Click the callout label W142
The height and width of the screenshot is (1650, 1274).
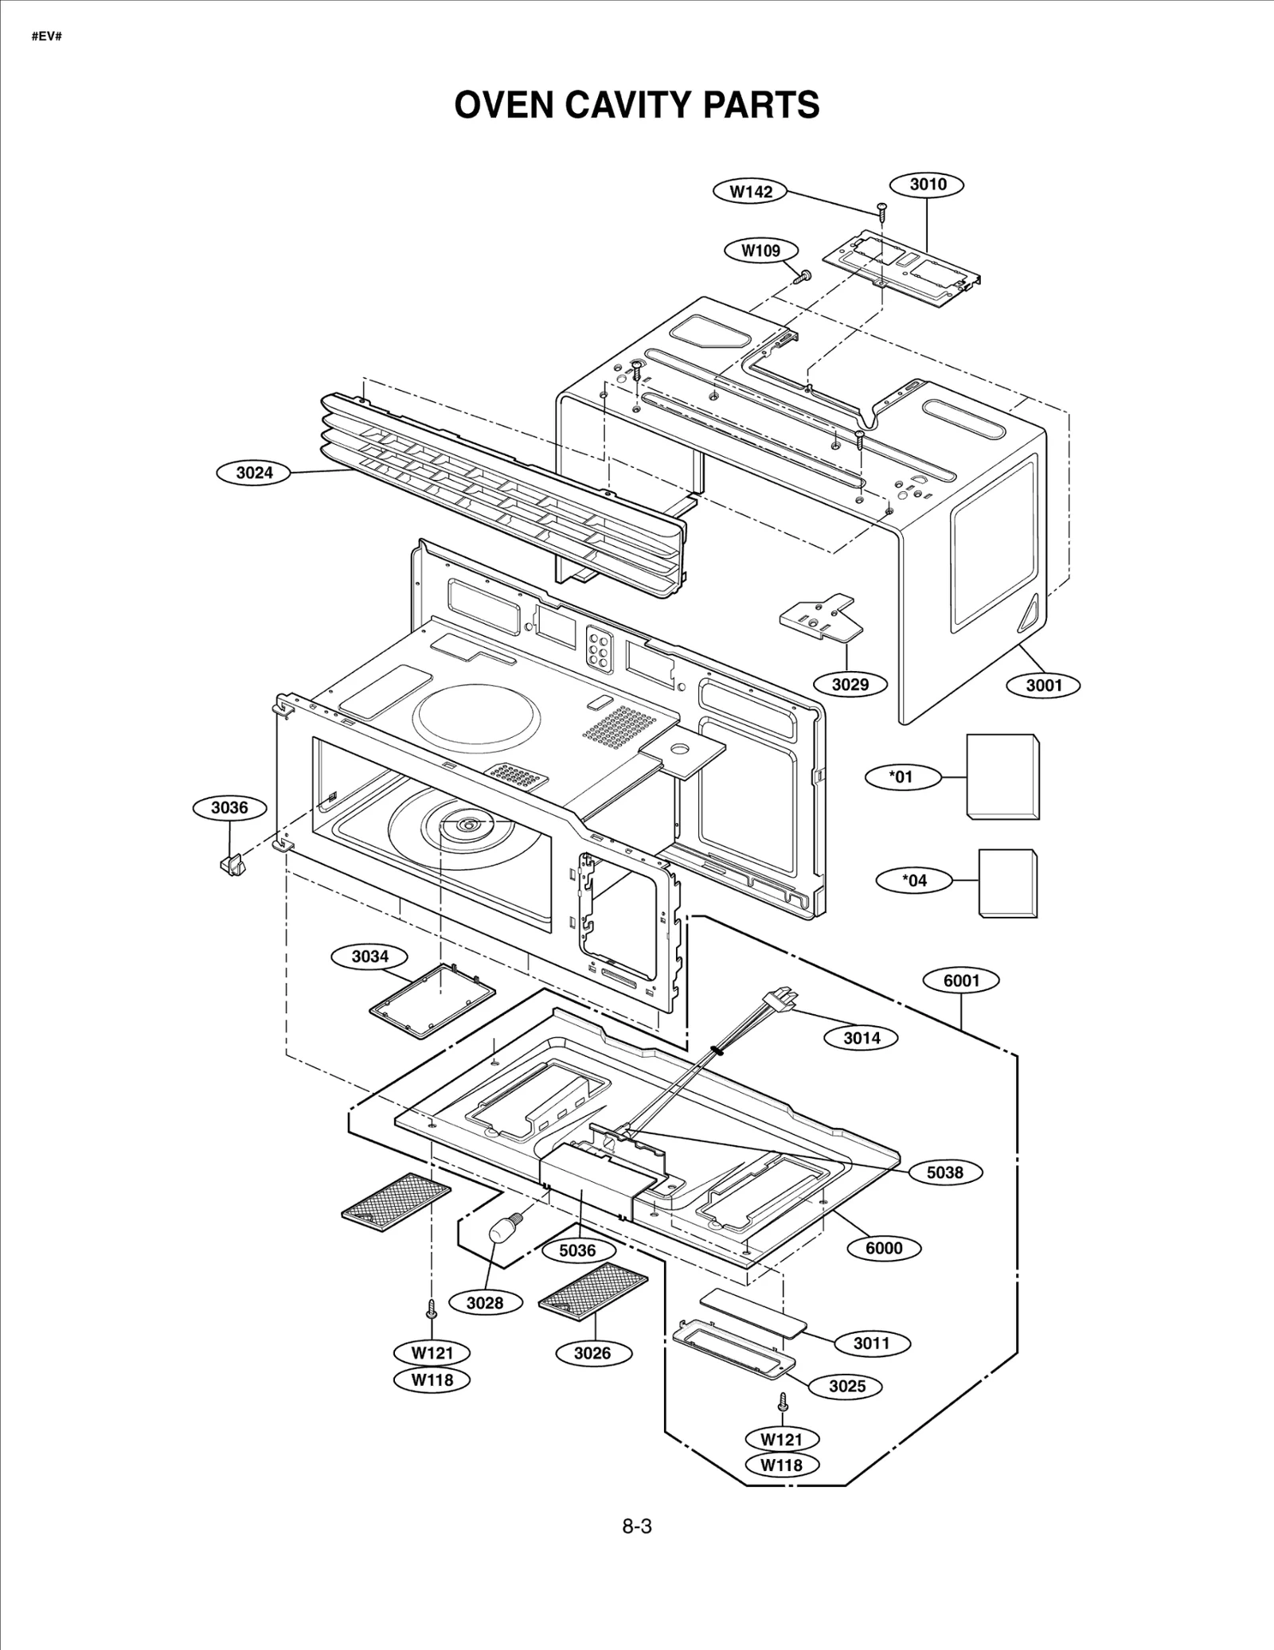(x=751, y=191)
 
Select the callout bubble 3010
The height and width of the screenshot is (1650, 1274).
(x=928, y=185)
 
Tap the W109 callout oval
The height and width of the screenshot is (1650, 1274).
(x=761, y=250)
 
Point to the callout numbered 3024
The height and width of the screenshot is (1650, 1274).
(x=254, y=473)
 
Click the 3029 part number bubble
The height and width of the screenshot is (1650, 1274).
(x=850, y=684)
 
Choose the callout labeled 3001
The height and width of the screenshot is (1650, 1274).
(x=1044, y=685)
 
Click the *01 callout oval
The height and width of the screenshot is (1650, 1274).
(x=902, y=777)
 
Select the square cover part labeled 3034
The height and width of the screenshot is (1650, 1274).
(x=432, y=1000)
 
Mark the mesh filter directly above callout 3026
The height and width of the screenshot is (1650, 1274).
(x=593, y=1288)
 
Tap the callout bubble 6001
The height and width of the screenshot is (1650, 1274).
(x=961, y=981)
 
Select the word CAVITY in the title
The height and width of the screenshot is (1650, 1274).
(x=633, y=105)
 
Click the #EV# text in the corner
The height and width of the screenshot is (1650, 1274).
(x=46, y=37)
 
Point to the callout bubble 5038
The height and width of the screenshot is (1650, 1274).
(x=944, y=1172)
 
